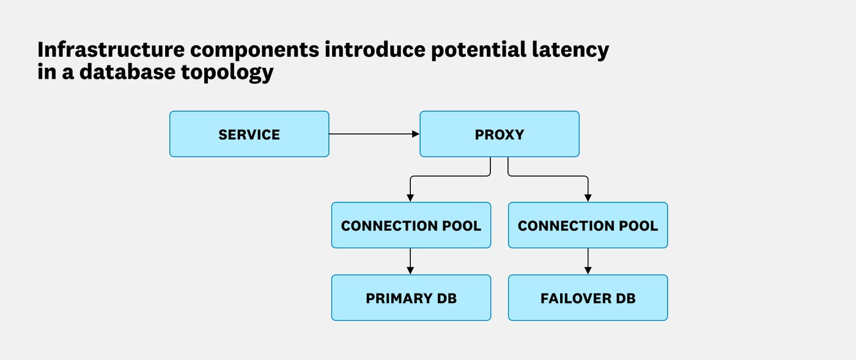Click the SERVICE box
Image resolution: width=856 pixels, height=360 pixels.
point(249,134)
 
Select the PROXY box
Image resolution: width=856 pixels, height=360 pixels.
point(499,134)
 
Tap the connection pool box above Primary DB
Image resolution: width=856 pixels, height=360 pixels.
point(411,226)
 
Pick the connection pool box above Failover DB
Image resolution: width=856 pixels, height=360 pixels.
point(588,226)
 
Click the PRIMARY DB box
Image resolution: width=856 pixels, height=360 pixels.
point(411,298)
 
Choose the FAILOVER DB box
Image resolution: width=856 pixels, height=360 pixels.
point(588,298)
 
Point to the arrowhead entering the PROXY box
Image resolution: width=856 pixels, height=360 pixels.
point(415,134)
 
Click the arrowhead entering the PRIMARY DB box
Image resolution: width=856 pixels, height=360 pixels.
point(411,270)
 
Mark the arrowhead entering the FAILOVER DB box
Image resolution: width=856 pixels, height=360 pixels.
point(588,270)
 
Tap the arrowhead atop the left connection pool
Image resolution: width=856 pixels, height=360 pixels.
point(411,197)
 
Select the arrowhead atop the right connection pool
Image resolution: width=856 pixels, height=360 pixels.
point(588,197)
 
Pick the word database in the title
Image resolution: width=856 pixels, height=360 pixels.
point(127,72)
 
